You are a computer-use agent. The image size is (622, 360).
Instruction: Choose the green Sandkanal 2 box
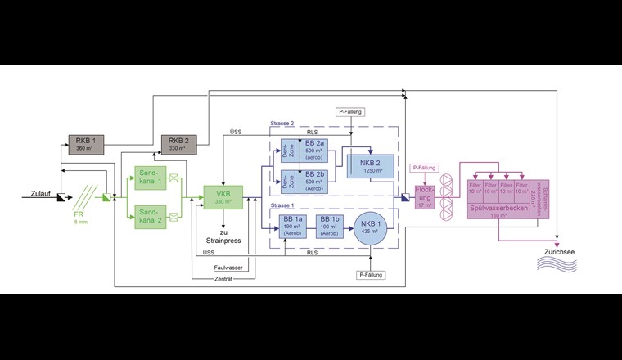tap(149, 216)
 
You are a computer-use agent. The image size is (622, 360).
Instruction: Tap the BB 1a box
tap(293, 227)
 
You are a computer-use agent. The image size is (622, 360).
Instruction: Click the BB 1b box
tap(331, 227)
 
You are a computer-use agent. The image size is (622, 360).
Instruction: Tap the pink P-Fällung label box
tap(424, 168)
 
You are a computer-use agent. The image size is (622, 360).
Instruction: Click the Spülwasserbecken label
tap(499, 210)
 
